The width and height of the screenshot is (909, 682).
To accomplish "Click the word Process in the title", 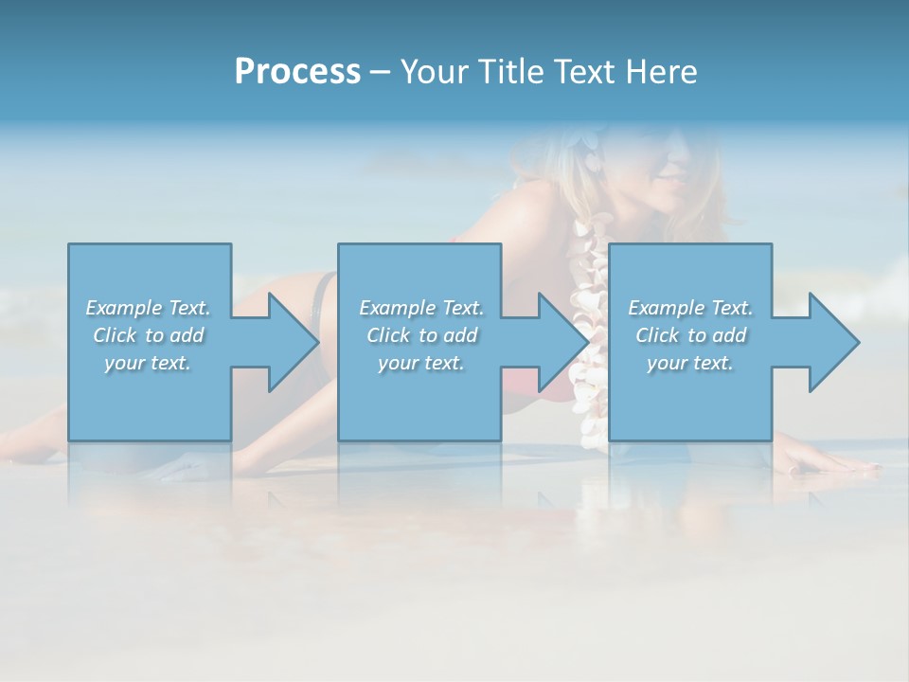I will coord(297,72).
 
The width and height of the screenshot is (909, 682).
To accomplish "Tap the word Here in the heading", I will coord(659,72).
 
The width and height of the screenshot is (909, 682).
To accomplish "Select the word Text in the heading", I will coord(583,72).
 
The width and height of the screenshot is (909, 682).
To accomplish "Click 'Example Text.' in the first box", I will coord(149,308).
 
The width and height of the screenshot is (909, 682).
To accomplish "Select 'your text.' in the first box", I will coord(149,363).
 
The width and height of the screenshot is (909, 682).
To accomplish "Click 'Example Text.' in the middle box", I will coord(421,308).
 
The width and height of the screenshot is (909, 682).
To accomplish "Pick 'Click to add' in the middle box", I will coord(421,335).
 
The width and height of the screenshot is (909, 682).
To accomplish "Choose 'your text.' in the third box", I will coord(690,363).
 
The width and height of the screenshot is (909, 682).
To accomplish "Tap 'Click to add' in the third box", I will coord(690,335).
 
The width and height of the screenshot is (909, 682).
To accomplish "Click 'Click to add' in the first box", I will coord(149,335).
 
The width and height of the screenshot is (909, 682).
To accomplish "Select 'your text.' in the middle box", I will coord(421,363).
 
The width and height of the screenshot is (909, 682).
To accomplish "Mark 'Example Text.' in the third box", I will coord(690,308).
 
